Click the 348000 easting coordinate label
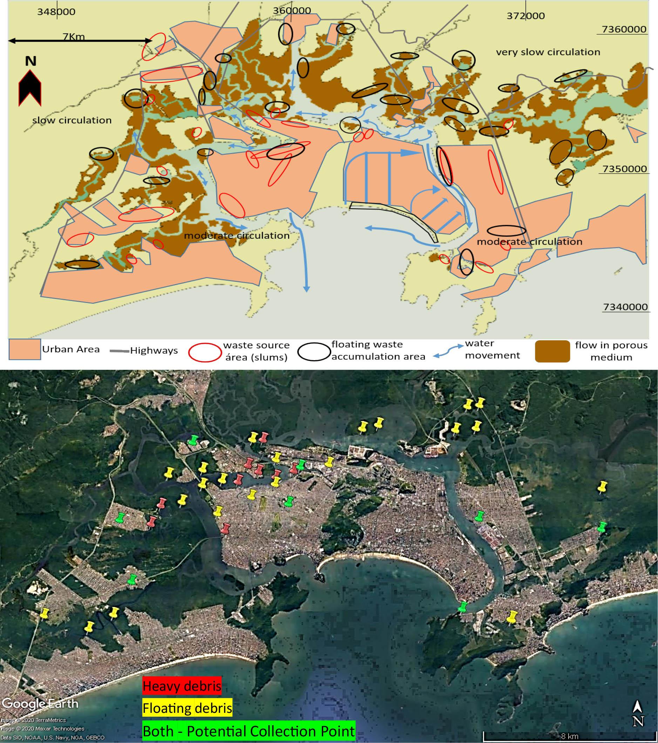[56, 12]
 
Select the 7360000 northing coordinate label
[624, 29]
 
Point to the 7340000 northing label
[625, 307]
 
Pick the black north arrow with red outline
[30, 87]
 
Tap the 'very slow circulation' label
[548, 52]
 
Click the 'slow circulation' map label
[72, 120]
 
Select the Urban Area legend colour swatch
[24, 349]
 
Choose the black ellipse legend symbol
[314, 352]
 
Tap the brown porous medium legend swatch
[552, 351]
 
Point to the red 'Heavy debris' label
[182, 686]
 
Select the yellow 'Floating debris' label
[187, 708]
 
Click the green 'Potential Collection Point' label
[249, 731]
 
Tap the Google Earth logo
[40, 703]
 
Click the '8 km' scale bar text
[569, 736]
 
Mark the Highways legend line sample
[120, 351]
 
